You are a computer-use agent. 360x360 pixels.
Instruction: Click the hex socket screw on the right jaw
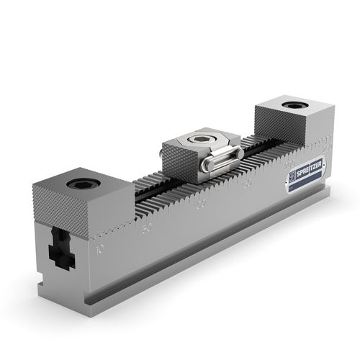292,106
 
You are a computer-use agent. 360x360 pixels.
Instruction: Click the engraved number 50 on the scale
147,230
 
